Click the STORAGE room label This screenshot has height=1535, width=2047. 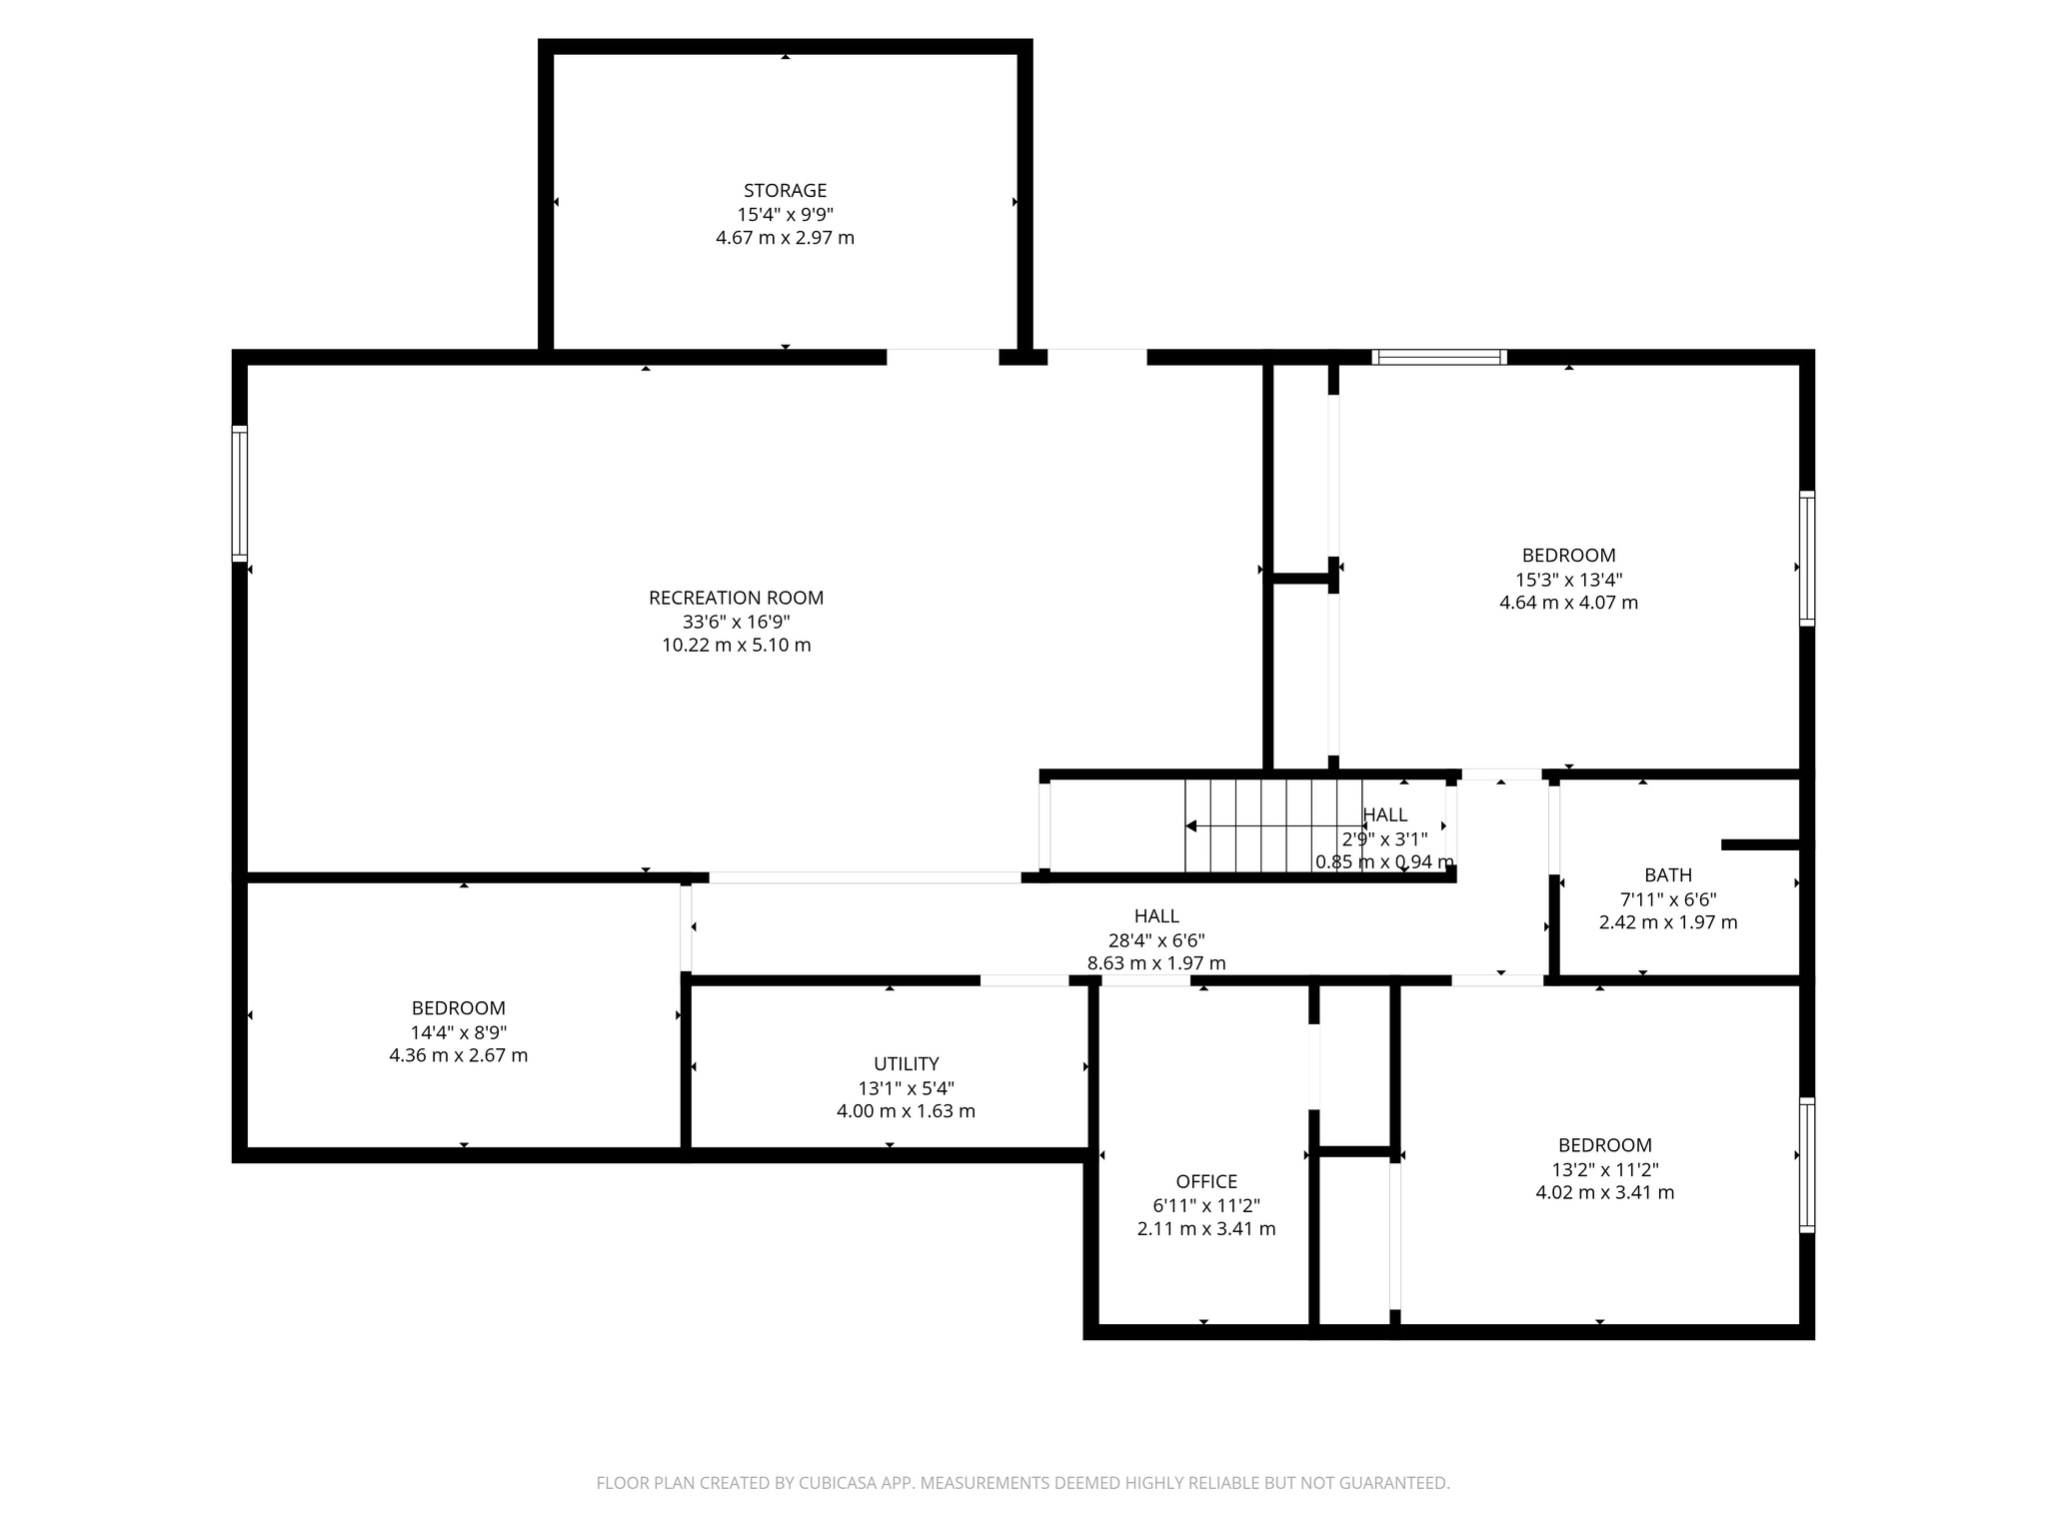(x=785, y=190)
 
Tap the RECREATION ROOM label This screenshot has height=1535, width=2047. (x=736, y=598)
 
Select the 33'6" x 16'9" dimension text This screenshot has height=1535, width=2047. (x=736, y=622)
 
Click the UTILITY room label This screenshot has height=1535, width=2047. (x=906, y=1063)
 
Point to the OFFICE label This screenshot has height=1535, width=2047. (x=1206, y=1181)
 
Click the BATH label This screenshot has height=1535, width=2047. (x=1667, y=875)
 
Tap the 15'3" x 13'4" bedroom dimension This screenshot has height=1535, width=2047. (x=1568, y=580)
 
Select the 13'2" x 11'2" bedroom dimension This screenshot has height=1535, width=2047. (x=1604, y=1169)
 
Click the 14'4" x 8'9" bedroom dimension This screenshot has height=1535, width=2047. (x=458, y=1032)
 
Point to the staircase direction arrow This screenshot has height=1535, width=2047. (x=1191, y=825)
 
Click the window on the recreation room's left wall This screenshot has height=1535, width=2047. (x=240, y=494)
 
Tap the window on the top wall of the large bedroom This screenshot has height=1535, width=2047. (x=1438, y=357)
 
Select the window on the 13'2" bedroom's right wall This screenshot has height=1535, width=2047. (x=1806, y=1164)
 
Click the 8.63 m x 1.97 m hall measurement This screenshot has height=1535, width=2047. (x=1155, y=963)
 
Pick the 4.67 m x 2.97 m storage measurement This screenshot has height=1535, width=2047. (x=785, y=238)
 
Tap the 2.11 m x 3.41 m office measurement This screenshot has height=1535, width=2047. (x=1206, y=1229)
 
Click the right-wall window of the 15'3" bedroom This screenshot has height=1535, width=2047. (x=1806, y=559)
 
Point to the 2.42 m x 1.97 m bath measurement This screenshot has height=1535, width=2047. (x=1667, y=922)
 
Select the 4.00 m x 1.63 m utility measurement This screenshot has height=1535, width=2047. (x=906, y=1111)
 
